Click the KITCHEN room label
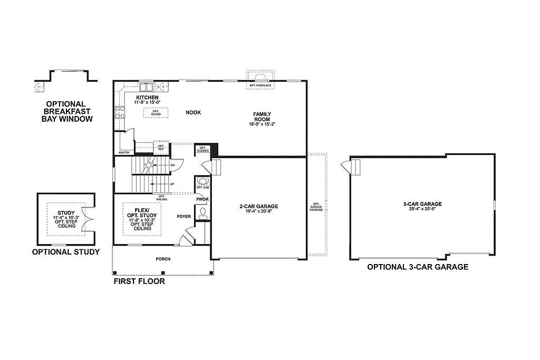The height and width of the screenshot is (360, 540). click(147, 98)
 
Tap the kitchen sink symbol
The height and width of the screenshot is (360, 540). click(146, 87)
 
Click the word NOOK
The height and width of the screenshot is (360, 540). click(193, 112)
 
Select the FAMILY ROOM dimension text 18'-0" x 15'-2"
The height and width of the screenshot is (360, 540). click(262, 124)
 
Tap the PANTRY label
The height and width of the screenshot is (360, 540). click(124, 152)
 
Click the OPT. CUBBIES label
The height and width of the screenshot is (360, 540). click(202, 149)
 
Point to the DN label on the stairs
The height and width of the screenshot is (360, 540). click(172, 166)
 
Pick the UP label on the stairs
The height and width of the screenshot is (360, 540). click(171, 184)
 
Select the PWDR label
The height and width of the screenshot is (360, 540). click(202, 199)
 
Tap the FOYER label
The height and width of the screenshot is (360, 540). click(184, 216)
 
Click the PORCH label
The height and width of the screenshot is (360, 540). click(162, 259)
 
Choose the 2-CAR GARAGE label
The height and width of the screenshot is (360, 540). click(258, 206)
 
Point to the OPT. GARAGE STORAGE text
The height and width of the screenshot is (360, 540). click(316, 207)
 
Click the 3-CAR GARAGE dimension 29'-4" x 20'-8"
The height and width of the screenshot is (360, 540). click(421, 209)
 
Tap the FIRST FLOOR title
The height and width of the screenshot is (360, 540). click(139, 281)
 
